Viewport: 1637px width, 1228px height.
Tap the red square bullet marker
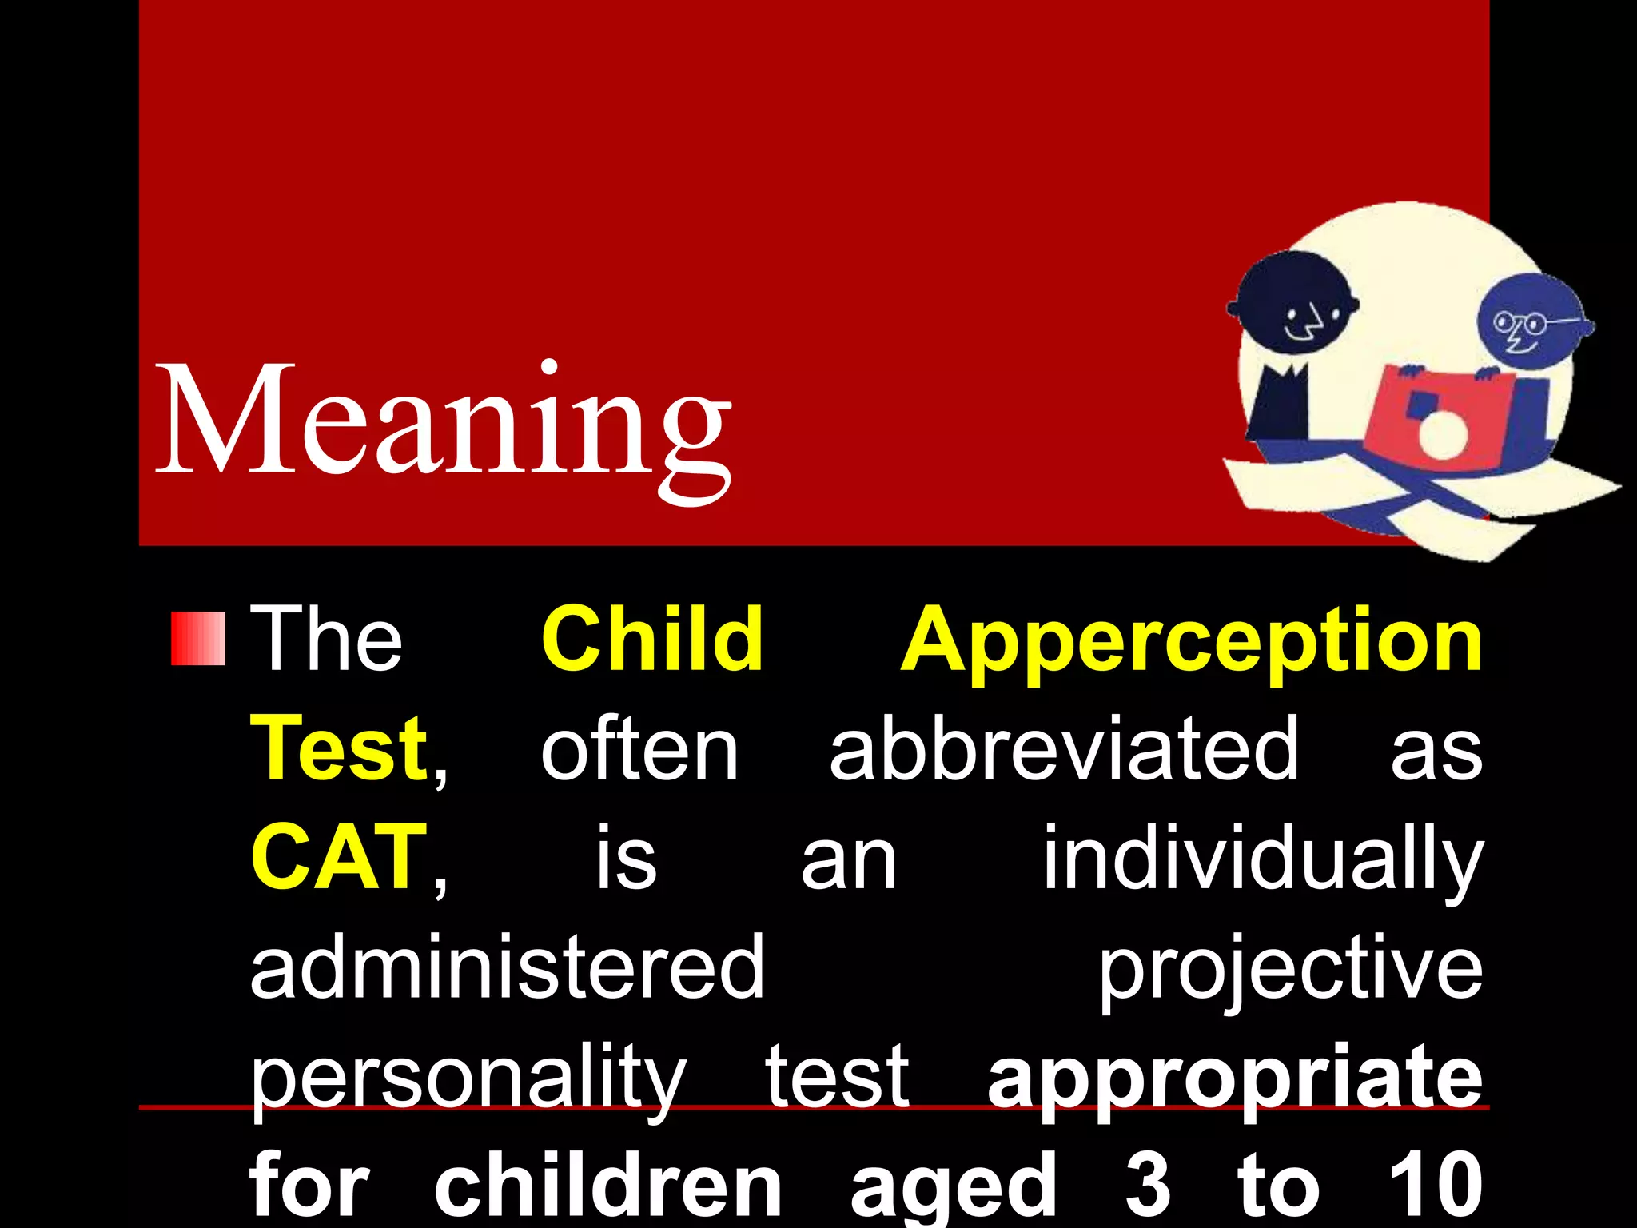(x=197, y=639)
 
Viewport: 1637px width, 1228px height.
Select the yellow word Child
(x=651, y=639)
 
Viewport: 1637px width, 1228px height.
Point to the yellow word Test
(x=339, y=748)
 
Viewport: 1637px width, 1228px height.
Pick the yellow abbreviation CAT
(x=337, y=857)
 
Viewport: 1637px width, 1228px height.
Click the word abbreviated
(x=1064, y=748)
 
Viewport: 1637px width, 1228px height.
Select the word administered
(x=508, y=967)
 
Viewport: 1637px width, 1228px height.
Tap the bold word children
(x=607, y=1186)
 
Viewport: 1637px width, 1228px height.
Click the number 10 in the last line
(x=1436, y=1186)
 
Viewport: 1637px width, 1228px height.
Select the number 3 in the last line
(x=1148, y=1186)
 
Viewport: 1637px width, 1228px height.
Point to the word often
(x=639, y=748)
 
